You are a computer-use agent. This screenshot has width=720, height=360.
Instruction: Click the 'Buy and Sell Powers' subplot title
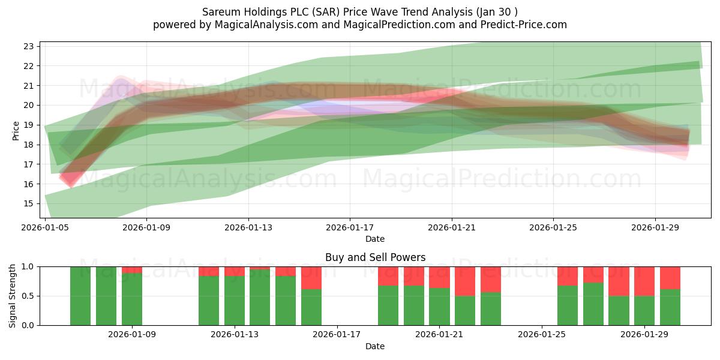click(x=375, y=257)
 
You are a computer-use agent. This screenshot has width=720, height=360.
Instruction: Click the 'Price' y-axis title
click(x=16, y=130)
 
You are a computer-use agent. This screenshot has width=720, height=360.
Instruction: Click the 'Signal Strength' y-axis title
click(x=13, y=296)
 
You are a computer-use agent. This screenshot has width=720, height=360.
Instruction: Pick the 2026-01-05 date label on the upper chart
click(x=46, y=228)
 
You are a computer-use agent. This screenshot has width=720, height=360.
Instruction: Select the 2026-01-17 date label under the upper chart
click(x=350, y=228)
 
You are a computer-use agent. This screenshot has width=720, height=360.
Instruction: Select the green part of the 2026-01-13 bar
click(x=235, y=300)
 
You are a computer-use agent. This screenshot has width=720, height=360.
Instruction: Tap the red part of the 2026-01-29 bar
click(x=644, y=281)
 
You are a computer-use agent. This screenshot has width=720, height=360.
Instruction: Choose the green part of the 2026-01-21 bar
click(x=439, y=306)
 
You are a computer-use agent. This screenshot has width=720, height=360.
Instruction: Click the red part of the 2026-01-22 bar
click(x=465, y=281)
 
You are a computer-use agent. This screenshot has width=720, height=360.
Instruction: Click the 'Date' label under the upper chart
click(x=375, y=239)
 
